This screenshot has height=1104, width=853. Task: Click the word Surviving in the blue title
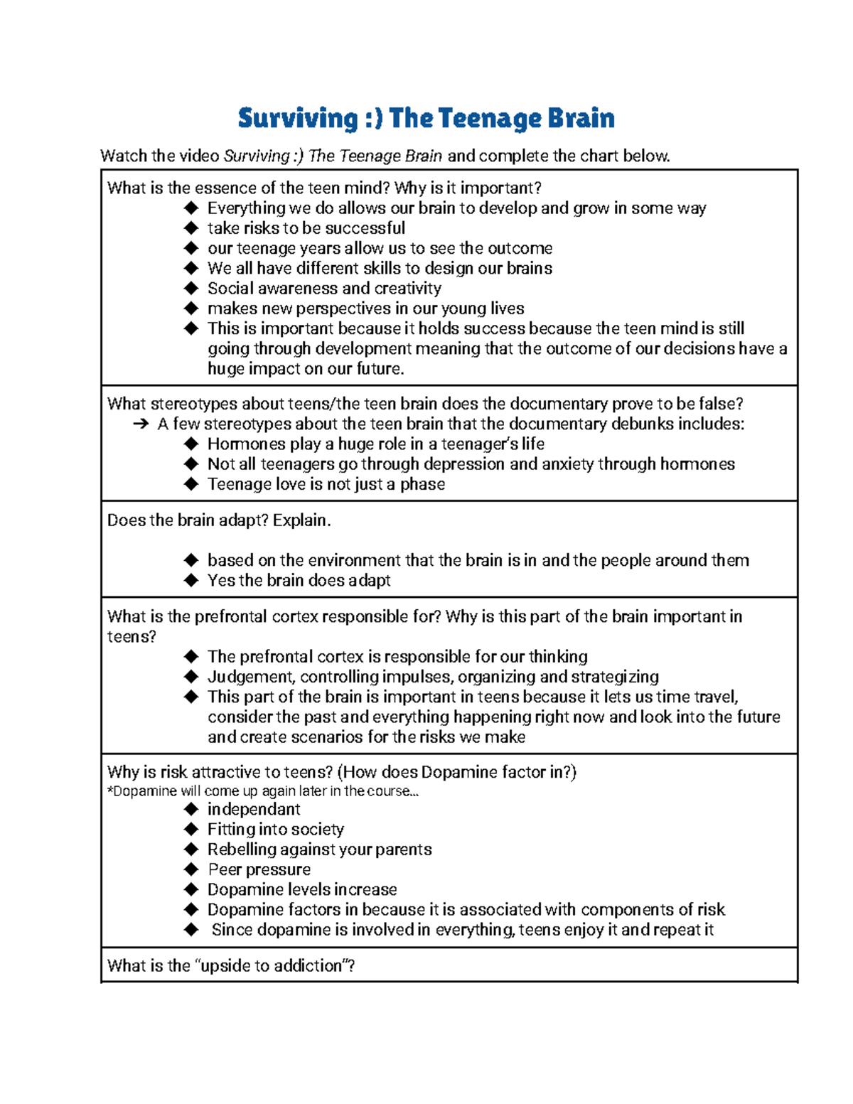point(297,118)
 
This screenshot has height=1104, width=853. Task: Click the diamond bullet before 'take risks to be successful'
point(191,228)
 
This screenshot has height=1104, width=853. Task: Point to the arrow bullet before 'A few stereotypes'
point(141,424)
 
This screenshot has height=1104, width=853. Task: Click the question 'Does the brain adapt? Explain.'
point(219,520)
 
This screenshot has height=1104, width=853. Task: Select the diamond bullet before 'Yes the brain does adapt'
point(191,580)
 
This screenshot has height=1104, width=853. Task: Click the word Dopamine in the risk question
point(454,772)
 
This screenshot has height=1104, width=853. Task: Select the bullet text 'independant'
point(254,810)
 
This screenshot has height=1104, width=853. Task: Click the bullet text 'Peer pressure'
point(259,869)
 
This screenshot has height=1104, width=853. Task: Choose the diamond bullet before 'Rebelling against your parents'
point(191,850)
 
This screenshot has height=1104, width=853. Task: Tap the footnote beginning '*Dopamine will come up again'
point(263,791)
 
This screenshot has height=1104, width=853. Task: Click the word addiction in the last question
point(308,966)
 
